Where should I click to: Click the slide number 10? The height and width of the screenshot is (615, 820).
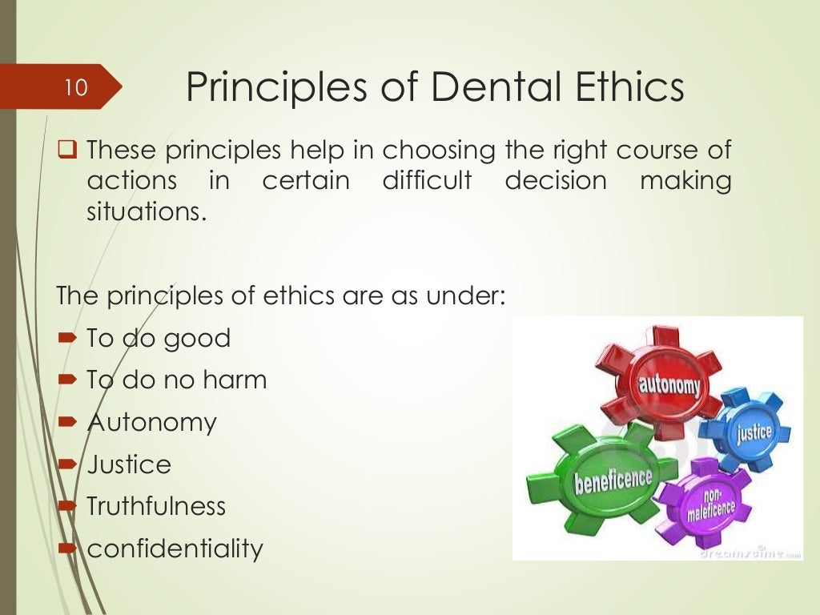tap(75, 86)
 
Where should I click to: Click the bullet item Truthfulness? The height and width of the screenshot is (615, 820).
tap(155, 506)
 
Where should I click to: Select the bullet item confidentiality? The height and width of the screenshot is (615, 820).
tap(175, 549)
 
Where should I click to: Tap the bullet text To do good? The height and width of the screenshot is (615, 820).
tap(158, 338)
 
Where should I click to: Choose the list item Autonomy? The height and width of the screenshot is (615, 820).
tap(151, 422)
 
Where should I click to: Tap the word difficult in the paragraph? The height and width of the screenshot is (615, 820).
tap(427, 181)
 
